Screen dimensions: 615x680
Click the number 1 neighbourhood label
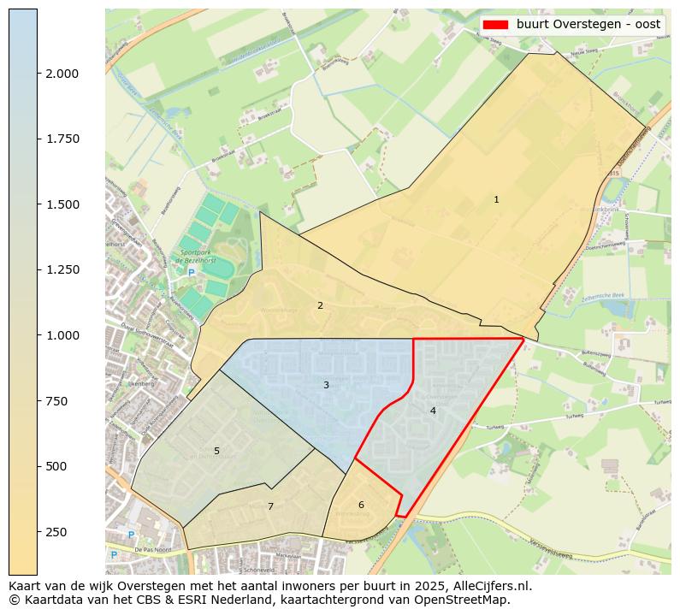pos(496,199)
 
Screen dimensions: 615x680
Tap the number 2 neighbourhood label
pos(320,305)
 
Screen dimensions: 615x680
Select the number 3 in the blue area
pos(326,385)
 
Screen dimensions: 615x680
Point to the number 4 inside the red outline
pos(433,411)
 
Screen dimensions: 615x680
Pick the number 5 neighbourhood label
pos(216,451)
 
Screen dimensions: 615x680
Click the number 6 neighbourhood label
pos(361,505)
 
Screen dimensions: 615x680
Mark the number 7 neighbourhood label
pos(270,506)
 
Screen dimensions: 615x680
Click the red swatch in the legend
pos(495,24)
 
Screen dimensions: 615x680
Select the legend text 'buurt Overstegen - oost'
pos(588,24)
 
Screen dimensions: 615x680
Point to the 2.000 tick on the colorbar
pos(62,74)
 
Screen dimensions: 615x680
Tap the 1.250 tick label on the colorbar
pos(62,269)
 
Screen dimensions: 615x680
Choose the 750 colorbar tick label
pos(56,400)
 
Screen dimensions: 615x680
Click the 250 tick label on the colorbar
pos(56,532)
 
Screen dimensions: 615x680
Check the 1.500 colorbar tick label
pos(62,204)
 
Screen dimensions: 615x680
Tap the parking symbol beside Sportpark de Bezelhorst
pos(192,273)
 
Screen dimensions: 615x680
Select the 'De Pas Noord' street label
pos(154,550)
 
